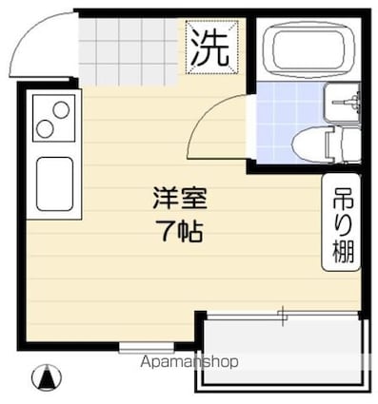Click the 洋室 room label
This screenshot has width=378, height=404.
pyautogui.click(x=179, y=199)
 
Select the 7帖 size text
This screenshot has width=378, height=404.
pyautogui.click(x=179, y=230)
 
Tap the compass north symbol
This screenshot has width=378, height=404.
pyautogui.click(x=43, y=377)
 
